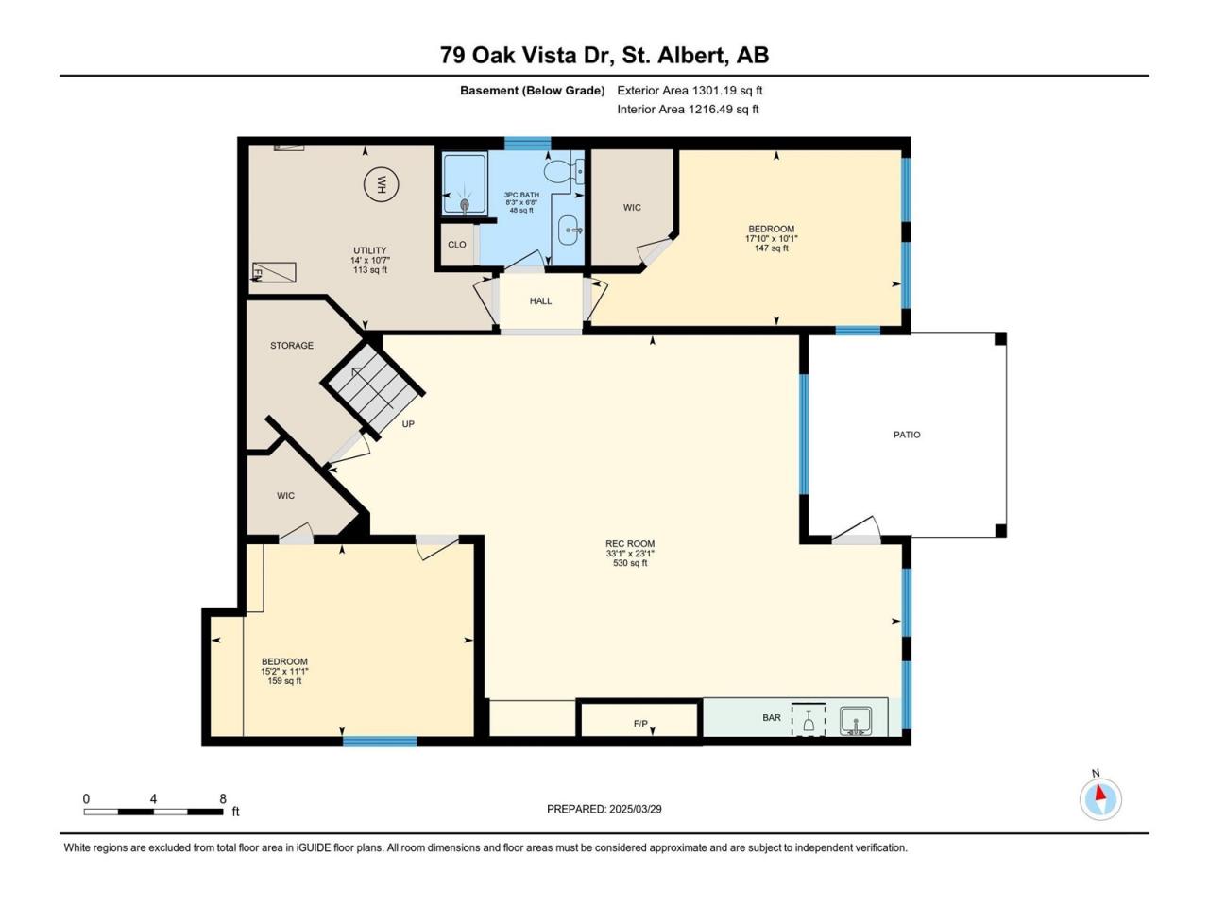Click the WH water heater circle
[x=382, y=184]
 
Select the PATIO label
[x=907, y=435]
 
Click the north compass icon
[x=1100, y=798]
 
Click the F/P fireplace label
[x=640, y=724]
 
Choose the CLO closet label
[x=456, y=245]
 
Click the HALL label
[x=540, y=300]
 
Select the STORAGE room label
[x=291, y=345]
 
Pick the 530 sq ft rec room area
[x=630, y=563]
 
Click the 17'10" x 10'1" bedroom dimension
[x=771, y=238]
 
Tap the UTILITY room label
[x=369, y=250]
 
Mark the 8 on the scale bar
[x=223, y=799]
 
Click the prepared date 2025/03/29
[x=635, y=809]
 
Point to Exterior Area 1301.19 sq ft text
[x=690, y=91]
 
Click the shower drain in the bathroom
[x=465, y=205]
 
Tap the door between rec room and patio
[x=856, y=531]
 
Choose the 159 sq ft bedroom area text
[x=284, y=681]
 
